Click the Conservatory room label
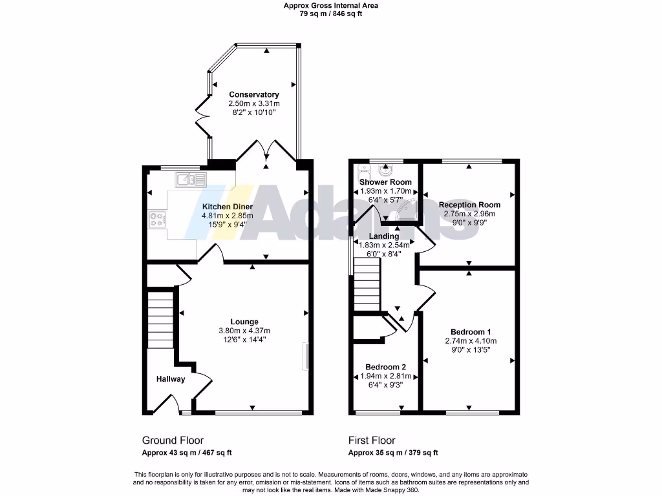tap(253, 94)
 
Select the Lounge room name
tap(244, 322)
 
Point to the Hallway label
tap(170, 379)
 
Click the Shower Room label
tap(385, 182)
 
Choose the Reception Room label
tap(469, 205)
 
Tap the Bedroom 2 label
tap(385, 366)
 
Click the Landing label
tap(384, 236)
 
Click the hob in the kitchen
tap(157, 220)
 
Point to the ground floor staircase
tap(160, 320)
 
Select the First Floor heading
tap(372, 440)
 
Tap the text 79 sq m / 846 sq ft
tap(330, 14)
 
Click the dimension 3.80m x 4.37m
tap(244, 331)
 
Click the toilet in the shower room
tap(363, 172)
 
